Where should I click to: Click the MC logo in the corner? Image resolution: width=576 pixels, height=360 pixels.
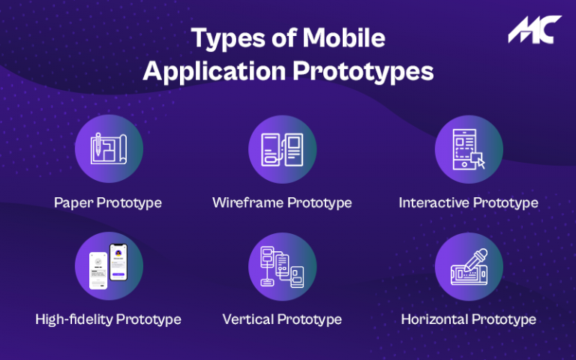534,29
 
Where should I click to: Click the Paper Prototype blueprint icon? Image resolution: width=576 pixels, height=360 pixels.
108,149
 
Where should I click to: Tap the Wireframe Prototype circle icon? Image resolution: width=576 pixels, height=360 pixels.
281,149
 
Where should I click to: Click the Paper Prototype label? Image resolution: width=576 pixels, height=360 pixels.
108,202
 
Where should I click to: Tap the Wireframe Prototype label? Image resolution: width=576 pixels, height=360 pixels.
282,202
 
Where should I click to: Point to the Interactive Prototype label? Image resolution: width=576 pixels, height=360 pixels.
468,202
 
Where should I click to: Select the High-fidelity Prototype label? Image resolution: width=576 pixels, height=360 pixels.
108,319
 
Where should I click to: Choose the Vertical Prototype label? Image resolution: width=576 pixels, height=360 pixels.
282,319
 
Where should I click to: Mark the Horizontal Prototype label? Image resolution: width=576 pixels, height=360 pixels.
468,319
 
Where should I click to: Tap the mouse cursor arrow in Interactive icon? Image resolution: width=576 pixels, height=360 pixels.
479,161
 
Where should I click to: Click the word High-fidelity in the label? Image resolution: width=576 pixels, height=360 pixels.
72,319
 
